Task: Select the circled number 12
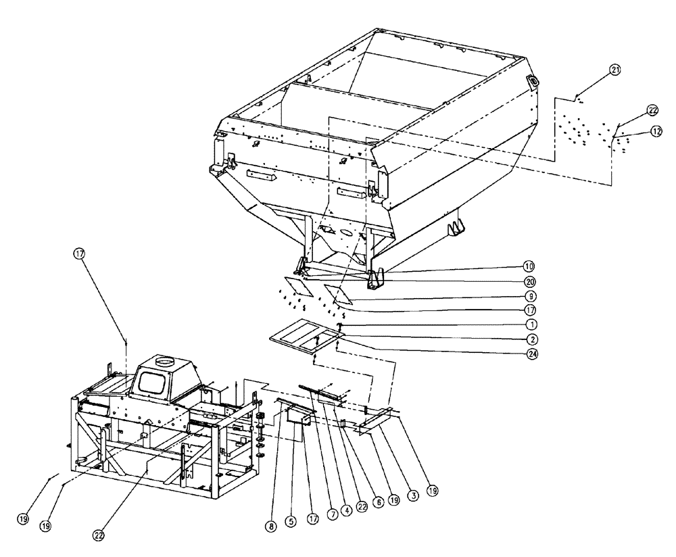tap(656, 132)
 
